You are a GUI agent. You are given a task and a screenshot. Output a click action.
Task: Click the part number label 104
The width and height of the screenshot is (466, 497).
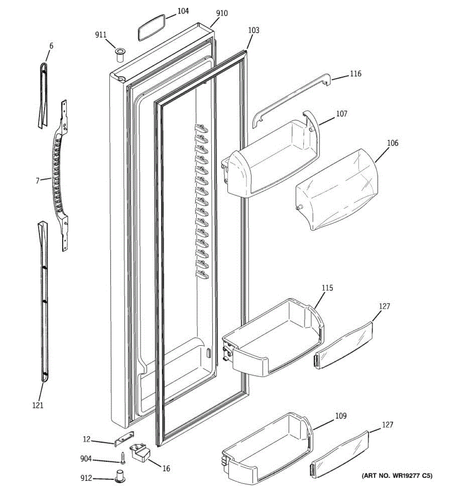click(x=183, y=11)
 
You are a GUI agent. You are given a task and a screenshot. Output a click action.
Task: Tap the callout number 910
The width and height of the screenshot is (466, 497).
click(x=222, y=13)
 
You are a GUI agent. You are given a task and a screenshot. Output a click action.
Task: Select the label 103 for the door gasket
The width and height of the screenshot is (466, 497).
click(x=254, y=30)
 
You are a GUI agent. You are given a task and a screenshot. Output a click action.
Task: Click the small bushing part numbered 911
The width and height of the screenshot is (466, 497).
click(x=120, y=55)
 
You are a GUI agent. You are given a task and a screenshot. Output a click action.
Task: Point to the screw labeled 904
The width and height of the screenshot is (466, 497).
click(x=123, y=458)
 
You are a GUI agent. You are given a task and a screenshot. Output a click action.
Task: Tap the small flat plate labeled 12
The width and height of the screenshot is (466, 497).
click(x=124, y=438)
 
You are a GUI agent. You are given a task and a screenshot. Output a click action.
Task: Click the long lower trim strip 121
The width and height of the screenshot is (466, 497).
click(x=43, y=302)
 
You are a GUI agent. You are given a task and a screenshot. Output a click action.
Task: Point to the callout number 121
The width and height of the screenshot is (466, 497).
click(x=38, y=405)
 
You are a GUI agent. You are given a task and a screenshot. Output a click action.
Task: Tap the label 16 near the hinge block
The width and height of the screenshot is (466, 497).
click(x=166, y=468)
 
